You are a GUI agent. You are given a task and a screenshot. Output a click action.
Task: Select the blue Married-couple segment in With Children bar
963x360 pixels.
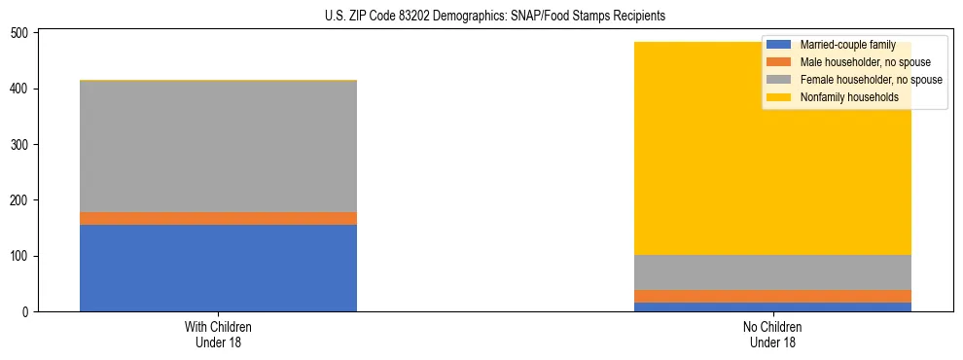coord(218,268)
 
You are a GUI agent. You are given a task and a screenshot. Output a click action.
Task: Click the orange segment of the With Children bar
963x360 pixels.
coord(218,218)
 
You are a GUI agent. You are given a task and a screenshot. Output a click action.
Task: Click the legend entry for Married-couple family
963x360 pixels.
coord(841,45)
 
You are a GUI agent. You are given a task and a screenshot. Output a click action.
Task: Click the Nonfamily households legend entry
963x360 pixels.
coord(842,97)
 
